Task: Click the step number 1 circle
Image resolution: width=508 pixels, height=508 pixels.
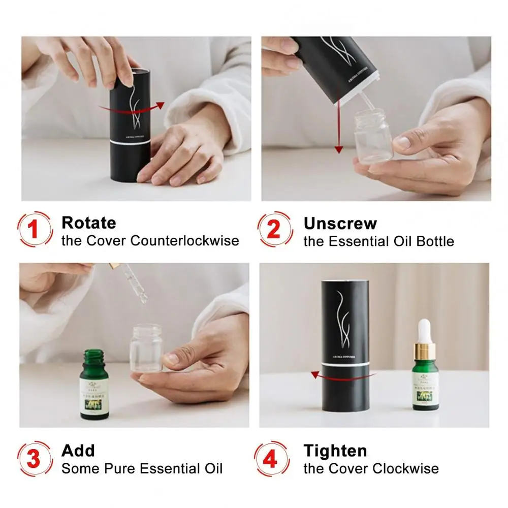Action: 34,230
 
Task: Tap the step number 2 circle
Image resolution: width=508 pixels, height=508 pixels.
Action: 274,230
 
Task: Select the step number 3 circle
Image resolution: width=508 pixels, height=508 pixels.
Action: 34,459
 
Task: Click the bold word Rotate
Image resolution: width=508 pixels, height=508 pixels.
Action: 88,223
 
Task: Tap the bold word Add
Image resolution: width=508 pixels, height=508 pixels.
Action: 78,450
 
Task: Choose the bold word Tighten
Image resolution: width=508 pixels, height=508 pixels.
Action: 335,450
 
